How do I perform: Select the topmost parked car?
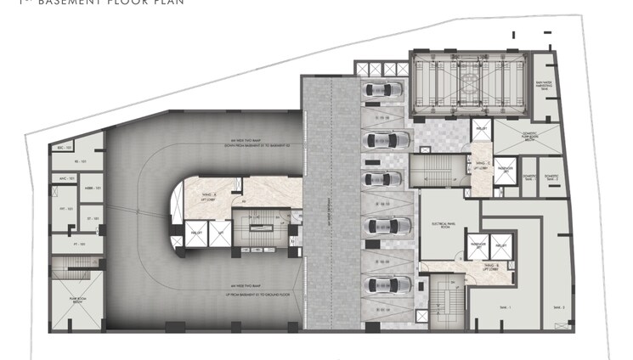point(378,90)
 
